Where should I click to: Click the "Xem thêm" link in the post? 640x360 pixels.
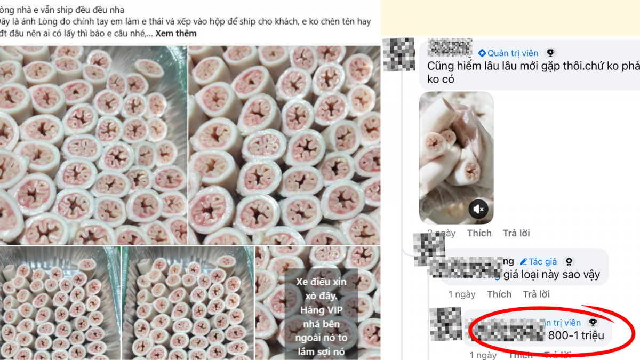coord(175,33)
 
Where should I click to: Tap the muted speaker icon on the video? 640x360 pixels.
coord(478,209)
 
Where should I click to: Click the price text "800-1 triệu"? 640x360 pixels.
coord(576,335)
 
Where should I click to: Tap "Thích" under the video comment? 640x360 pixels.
coord(479,233)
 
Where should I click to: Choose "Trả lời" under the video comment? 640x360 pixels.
coord(516,233)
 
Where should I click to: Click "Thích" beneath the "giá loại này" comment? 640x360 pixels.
coord(499,294)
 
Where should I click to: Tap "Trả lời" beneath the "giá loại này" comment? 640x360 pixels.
coord(536,294)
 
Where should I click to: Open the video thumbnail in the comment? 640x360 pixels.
coord(456,158)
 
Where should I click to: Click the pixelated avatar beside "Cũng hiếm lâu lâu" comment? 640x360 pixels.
coord(398,54)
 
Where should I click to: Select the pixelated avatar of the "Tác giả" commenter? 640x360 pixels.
coord(429,249)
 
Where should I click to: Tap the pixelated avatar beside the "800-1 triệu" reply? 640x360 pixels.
coord(445,324)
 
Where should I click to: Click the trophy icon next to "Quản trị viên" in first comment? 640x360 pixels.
coord(550,53)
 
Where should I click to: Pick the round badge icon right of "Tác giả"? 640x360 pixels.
coord(569,261)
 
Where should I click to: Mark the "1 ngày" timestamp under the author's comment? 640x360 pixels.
coord(461,294)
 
